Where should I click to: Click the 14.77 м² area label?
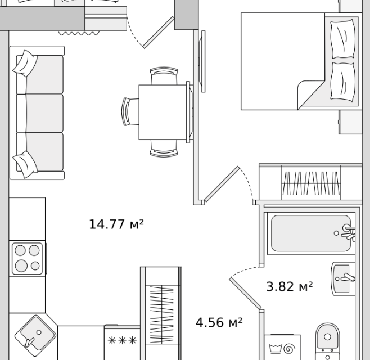click(116, 224)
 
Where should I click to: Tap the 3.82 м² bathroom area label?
click(289, 286)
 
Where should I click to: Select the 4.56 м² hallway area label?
click(219, 322)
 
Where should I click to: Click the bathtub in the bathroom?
click(311, 233)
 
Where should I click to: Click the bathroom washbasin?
click(342, 279)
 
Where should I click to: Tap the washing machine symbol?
click(282, 347)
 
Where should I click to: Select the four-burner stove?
click(28, 259)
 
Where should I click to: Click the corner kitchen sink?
click(35, 336)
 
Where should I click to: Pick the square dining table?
click(163, 112)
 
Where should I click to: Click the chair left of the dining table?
click(130, 112)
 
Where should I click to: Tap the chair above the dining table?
click(164, 75)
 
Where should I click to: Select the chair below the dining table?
click(164, 148)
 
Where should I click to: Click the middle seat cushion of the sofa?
click(39, 113)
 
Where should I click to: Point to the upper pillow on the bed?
click(343, 38)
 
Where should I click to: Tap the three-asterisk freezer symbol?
click(122, 340)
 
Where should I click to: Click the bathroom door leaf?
click(245, 293)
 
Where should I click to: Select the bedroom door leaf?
click(222, 184)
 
